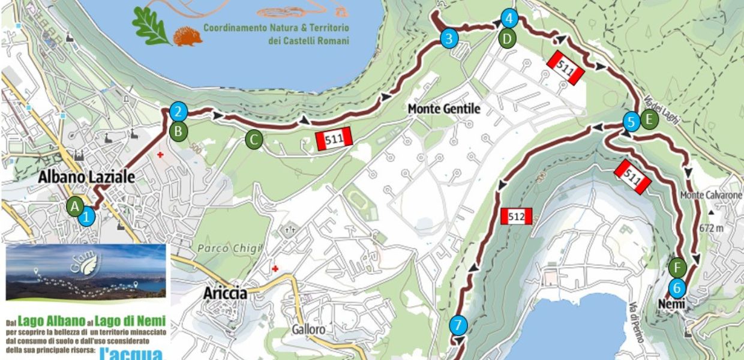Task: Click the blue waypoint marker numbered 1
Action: (87, 216)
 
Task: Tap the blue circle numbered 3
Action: (449, 39)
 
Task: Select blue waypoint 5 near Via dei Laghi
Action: (631, 122)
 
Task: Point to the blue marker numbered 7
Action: (458, 326)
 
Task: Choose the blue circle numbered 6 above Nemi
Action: (677, 287)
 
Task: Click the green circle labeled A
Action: (74, 206)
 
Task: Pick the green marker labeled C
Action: (253, 140)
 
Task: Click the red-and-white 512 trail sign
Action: (516, 216)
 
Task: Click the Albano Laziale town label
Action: (86, 177)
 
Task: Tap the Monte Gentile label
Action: (444, 109)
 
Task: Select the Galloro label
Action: (308, 329)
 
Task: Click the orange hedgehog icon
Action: (188, 36)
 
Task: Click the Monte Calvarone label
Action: (712, 196)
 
